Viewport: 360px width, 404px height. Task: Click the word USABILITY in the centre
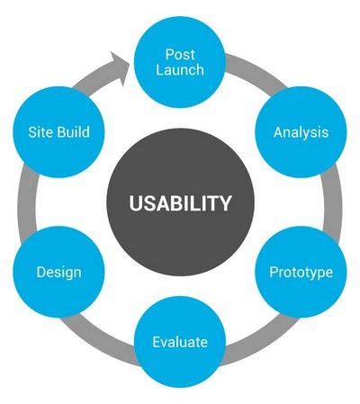pos(180,203)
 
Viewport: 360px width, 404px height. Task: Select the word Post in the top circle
pos(180,55)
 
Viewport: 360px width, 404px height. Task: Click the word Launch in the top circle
pos(180,70)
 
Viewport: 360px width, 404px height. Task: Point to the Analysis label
pos(301,132)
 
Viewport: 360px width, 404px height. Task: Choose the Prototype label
pos(301,273)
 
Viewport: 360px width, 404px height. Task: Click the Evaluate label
pos(180,342)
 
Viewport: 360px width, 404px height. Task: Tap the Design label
pos(58,273)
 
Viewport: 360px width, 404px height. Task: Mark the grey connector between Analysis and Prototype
pos(332,202)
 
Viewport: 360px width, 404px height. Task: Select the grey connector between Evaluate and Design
pos(99,335)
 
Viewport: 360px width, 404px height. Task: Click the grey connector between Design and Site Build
pos(28,202)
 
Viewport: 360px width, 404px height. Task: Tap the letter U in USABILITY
pos(136,203)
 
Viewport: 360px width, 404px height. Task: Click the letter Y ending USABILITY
pos(225,203)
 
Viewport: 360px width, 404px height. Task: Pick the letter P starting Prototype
pos(274,272)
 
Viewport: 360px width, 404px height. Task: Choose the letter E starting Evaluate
pos(157,342)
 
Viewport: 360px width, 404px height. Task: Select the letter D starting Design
pos(41,272)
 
